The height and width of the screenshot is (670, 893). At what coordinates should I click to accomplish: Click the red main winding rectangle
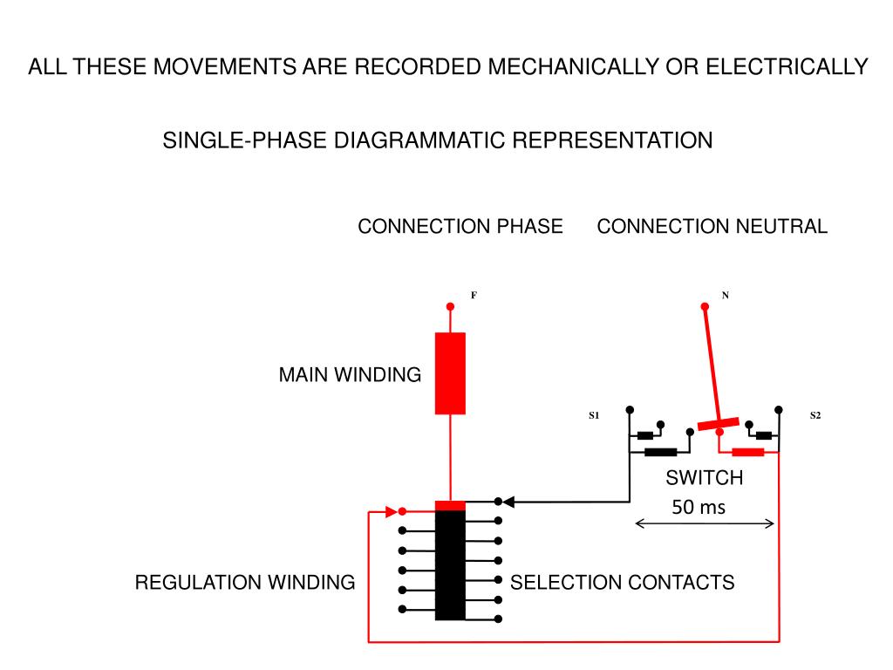coord(450,373)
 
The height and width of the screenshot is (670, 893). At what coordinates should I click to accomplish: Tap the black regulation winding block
coord(450,565)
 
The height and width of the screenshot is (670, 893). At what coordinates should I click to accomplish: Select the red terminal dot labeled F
coord(450,306)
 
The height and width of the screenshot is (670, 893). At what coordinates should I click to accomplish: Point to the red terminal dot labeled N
coord(705,306)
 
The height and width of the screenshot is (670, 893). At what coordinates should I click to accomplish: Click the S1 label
coord(594,415)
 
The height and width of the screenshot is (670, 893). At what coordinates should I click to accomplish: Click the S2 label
coord(815,415)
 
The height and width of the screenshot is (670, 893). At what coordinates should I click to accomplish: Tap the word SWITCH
coord(705,477)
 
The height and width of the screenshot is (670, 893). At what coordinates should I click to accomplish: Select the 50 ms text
coord(699,507)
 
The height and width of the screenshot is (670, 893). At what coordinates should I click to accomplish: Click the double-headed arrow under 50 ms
coord(705,523)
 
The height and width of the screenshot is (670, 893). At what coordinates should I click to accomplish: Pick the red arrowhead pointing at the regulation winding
coord(392,511)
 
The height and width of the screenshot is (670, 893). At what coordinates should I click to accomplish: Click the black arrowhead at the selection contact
coord(508,502)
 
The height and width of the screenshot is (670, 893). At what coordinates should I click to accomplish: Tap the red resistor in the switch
coord(747,453)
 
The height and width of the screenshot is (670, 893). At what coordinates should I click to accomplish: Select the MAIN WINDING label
coord(350,375)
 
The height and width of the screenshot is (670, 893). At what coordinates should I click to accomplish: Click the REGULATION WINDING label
coord(245,582)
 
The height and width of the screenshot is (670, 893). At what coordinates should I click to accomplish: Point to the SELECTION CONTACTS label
coord(622,582)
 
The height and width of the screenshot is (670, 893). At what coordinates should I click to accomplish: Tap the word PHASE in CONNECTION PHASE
coord(529,226)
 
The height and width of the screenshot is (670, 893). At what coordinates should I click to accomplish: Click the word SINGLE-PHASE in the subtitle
coord(244,140)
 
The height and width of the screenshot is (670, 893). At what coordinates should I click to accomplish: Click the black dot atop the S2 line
coord(779,410)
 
